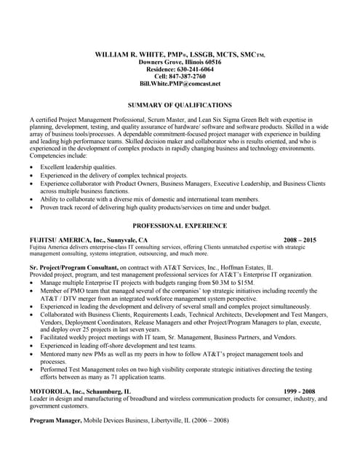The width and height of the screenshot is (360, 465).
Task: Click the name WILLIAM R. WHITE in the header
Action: click(x=130, y=55)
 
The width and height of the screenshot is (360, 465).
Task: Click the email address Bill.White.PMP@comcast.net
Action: click(x=180, y=84)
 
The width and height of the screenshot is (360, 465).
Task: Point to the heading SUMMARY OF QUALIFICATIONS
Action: click(x=180, y=105)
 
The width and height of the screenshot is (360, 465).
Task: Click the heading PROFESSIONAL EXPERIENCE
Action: click(x=180, y=226)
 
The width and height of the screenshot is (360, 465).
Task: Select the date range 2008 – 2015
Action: click(x=300, y=240)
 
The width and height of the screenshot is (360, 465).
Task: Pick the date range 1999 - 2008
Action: click(x=300, y=391)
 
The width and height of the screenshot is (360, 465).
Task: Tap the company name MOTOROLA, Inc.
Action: click(x=57, y=391)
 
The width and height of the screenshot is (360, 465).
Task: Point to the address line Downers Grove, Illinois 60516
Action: click(x=180, y=62)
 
